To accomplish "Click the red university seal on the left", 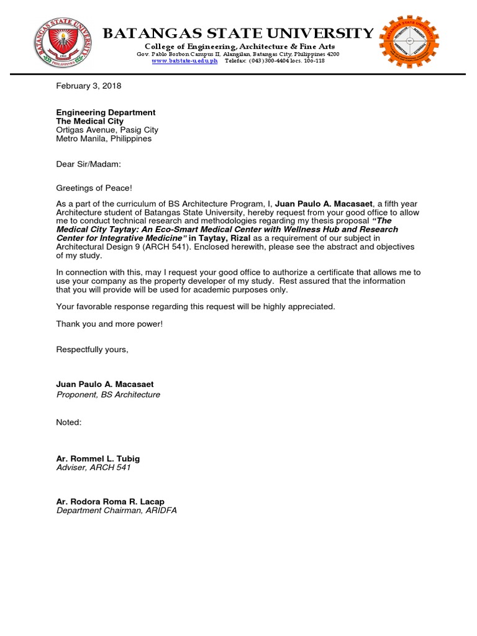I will coord(60,44).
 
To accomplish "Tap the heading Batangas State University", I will coord(238,33).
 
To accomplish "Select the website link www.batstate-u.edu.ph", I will coord(184,61).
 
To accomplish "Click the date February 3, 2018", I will coord(89,86).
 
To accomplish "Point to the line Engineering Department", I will coord(106,112).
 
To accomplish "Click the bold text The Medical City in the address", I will coord(89,121).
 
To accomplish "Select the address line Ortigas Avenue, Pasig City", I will coord(107,130).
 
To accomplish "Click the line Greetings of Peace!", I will coord(94,188).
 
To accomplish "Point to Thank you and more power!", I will coord(109,324).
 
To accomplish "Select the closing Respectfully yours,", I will coord(92,350).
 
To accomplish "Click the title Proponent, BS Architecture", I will coord(108,394).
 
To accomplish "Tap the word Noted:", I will coord(69,422).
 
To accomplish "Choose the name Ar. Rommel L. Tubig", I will coord(98,458).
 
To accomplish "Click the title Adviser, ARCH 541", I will coord(94,467).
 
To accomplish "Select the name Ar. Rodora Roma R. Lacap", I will coord(111,502).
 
